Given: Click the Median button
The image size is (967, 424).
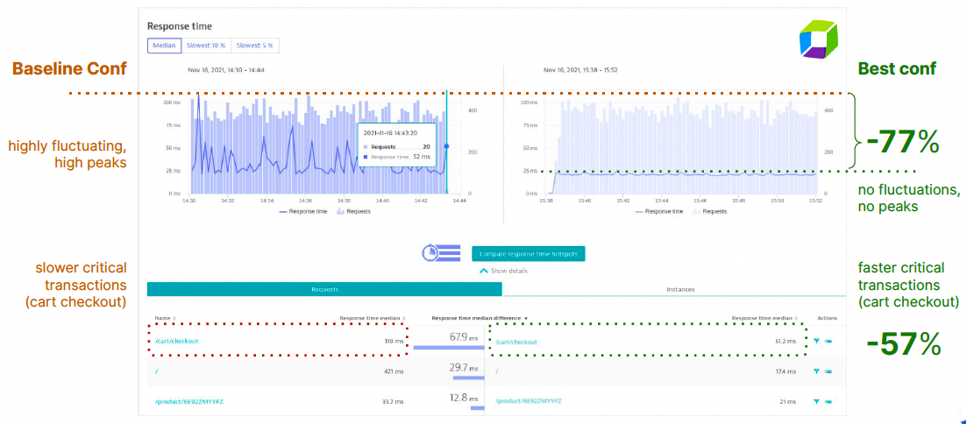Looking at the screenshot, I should point(165,46).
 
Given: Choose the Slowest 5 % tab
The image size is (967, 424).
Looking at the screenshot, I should point(254,46).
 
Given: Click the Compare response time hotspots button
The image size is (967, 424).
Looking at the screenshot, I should point(528,254).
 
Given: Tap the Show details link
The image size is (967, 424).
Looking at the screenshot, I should point(504,271).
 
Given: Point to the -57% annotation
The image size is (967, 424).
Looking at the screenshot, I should point(903,344).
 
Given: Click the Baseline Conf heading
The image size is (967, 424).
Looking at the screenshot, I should point(69,68).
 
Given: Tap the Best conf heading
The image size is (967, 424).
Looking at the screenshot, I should point(897,68).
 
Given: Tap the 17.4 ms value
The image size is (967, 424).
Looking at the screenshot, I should point(786,371).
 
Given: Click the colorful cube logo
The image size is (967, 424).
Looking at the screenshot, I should point(820,40).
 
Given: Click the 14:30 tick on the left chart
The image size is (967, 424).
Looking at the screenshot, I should point(188,201).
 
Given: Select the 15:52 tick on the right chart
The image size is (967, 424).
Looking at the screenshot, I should point(815,201).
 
